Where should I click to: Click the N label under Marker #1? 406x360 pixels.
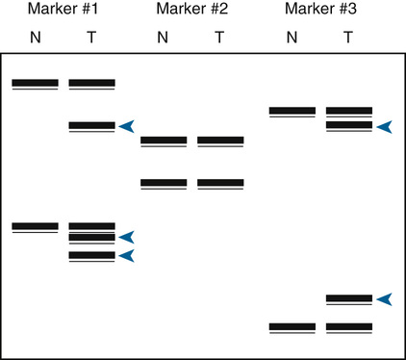[34, 38]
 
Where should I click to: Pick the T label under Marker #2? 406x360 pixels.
[219, 38]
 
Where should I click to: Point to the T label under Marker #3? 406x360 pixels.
[347, 38]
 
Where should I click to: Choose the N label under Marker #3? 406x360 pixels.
[292, 38]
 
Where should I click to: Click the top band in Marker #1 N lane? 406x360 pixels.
[35, 84]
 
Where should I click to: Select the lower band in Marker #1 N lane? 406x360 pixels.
[35, 227]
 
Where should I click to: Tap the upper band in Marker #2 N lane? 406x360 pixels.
[164, 141]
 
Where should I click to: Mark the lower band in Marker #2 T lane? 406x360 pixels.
[220, 183]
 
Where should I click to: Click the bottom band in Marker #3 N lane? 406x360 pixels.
[292, 327]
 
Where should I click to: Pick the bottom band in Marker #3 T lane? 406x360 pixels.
[349, 327]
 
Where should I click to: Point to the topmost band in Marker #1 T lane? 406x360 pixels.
[92, 84]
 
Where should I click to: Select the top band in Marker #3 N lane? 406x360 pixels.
[292, 112]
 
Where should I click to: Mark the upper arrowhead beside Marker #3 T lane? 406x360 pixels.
[384, 126]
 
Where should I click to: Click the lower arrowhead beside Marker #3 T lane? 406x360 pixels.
[384, 299]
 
